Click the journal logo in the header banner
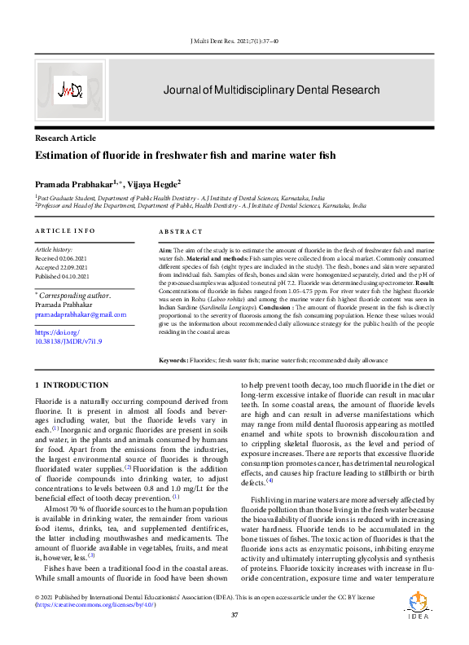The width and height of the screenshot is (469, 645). pyautogui.click(x=71, y=90)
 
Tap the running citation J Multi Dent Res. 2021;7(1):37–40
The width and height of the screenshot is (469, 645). pyautogui.click(x=234, y=41)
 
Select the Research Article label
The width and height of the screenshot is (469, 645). pyautogui.click(x=65, y=138)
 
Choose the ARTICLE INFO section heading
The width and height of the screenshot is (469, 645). pyautogui.click(x=64, y=231)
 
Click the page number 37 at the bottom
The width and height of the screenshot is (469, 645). pyautogui.click(x=234, y=614)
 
